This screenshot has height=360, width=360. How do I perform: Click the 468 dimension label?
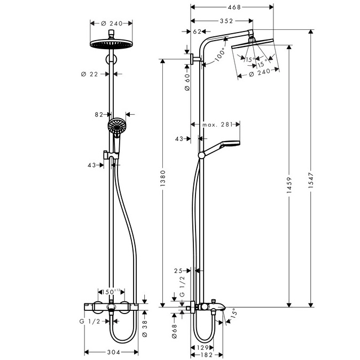click(234, 7)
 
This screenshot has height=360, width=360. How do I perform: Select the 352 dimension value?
click(226, 21)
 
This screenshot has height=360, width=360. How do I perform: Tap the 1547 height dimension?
click(311, 181)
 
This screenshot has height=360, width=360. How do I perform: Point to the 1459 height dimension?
click(289, 185)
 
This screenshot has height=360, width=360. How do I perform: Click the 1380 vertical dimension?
click(162, 178)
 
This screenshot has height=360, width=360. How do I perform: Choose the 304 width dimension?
click(114, 352)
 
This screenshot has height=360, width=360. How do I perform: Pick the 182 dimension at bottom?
click(207, 355)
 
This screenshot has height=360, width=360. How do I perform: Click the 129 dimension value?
click(202, 348)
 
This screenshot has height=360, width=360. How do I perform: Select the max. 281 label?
click(217, 124)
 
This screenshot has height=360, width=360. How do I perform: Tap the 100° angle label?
click(221, 56)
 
